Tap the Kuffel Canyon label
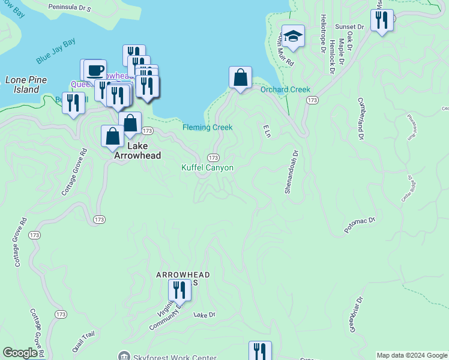[207, 168]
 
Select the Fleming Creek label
[207, 127]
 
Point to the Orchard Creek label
[285, 90]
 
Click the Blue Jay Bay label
[56, 52]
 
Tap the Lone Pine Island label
[22, 85]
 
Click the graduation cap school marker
[293, 37]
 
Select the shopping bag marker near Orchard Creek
[240, 78]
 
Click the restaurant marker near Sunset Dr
[382, 20]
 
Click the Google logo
[20, 353]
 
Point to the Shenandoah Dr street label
[290, 172]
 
